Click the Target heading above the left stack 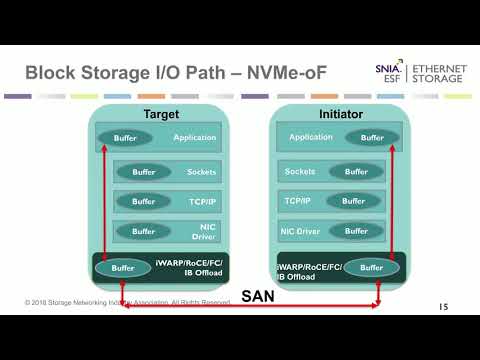click(161, 114)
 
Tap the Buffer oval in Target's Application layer click(125, 138)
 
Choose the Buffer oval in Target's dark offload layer click(123, 268)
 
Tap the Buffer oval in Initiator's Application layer click(372, 138)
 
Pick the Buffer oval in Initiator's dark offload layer click(371, 268)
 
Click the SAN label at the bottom click(255, 297)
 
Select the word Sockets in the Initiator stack click(300, 172)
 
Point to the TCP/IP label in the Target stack click(200, 201)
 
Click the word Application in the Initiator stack click(311, 138)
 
